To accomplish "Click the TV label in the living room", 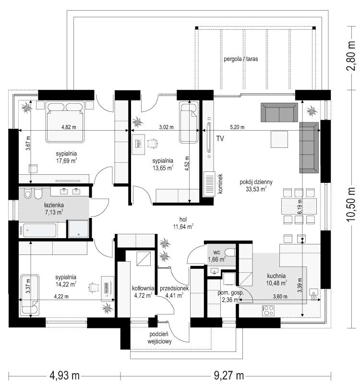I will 220,139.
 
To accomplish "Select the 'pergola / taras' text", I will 241,60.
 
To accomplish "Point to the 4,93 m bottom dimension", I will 64,375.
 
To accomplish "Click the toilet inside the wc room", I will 229,253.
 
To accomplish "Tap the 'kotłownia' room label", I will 143,288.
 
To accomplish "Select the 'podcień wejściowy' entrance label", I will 160,338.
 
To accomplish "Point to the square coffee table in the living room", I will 280,140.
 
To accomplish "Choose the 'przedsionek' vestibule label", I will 174,288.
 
